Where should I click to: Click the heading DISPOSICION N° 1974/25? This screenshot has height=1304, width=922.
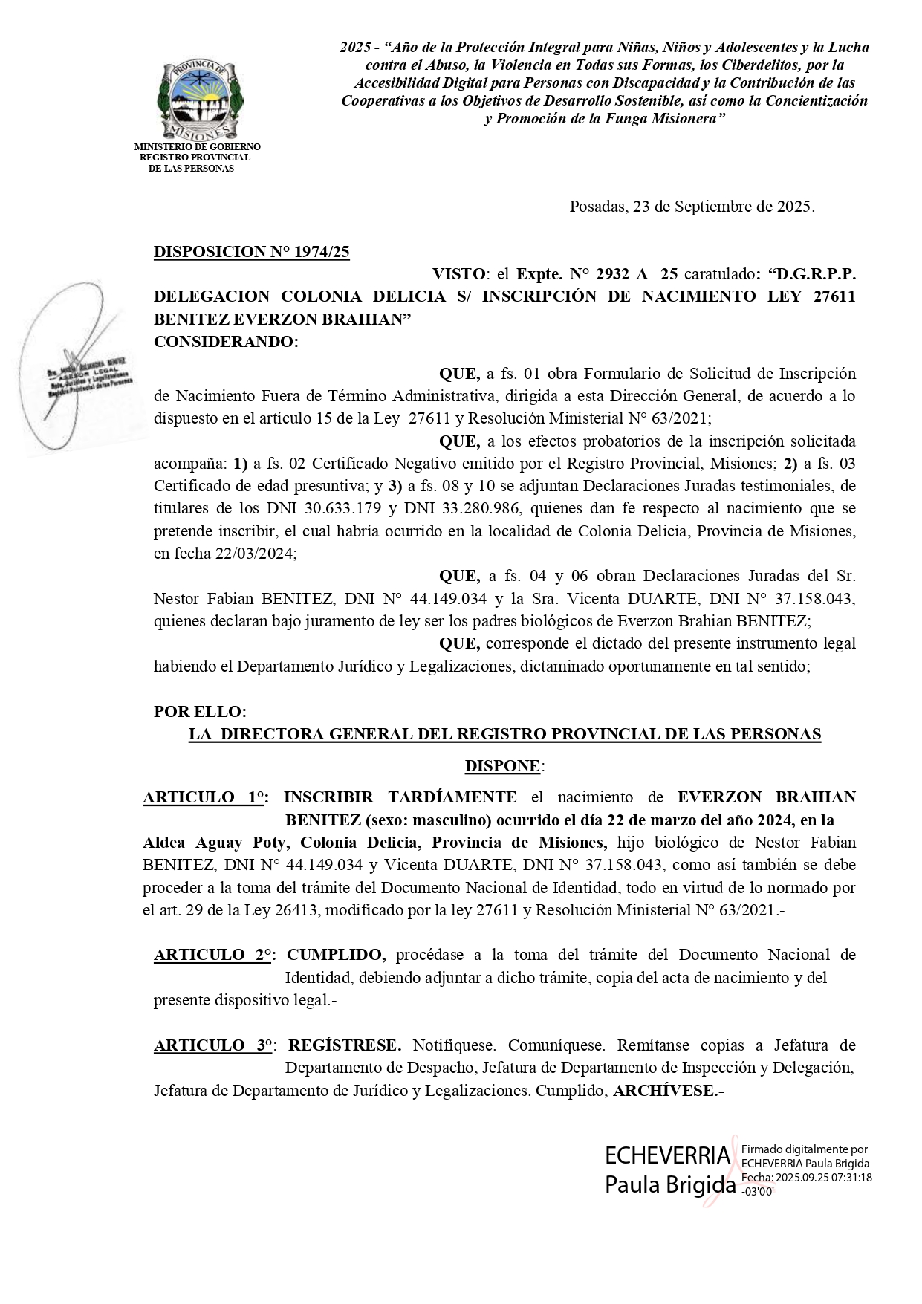coord(251,252)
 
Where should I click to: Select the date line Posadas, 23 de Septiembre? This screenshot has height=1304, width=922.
coord(691,207)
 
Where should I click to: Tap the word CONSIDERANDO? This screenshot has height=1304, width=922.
coord(224,342)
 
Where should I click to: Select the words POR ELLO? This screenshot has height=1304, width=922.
coord(200,711)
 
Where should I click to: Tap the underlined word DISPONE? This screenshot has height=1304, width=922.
coord(503,766)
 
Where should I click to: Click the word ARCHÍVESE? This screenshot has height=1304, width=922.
coord(668,1091)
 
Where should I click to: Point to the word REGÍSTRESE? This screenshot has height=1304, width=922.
coord(344,1045)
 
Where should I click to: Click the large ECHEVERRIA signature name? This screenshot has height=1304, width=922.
coord(667,1156)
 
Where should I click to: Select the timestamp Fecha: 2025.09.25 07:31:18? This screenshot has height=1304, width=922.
coord(805,1178)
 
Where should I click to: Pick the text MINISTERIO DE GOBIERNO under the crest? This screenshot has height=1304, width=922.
coord(197,147)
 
